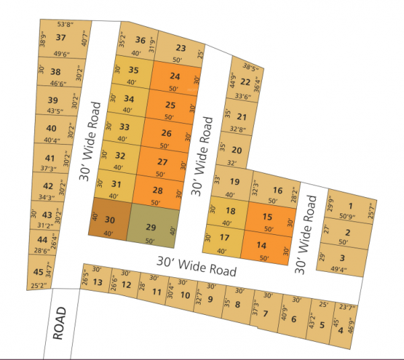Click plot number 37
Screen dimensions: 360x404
point(61,38)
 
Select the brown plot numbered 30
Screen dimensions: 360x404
point(110,219)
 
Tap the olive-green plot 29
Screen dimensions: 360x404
point(151,227)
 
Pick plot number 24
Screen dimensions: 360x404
point(175,76)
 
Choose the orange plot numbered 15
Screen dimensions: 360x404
point(267,217)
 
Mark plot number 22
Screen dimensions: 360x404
point(246,82)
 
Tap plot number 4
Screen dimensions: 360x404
point(341,330)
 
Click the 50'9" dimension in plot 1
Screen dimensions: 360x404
point(347,217)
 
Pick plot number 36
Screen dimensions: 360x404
point(140,40)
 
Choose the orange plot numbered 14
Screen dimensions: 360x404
point(262,246)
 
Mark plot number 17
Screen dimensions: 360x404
point(225,238)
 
